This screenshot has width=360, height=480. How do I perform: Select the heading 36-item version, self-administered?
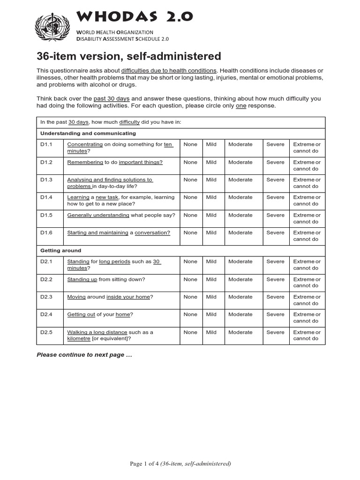coord(129,56)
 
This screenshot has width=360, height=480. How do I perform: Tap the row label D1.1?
coord(46,144)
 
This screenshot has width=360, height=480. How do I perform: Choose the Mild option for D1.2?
coord(211,162)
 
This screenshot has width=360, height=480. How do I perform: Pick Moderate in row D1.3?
coord(240,180)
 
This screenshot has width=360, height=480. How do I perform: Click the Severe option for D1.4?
coord(275,197)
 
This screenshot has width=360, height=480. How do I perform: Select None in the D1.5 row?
coord(190,215)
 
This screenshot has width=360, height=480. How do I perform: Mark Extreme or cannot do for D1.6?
coord(307,236)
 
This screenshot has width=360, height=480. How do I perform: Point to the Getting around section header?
coord(60,251)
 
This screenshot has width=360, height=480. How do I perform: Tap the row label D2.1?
coord(46,262)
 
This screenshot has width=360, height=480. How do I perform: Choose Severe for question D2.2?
coord(275,279)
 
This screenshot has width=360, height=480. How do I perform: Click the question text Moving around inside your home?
coord(110,297)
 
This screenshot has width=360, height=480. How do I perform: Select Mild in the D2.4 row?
coord(211,315)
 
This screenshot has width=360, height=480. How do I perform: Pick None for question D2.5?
coord(190,332)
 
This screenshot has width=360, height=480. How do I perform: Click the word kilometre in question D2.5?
coord(79,339)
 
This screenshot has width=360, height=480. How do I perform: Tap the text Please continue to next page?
coord(84,355)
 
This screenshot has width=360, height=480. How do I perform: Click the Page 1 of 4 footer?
coord(180,464)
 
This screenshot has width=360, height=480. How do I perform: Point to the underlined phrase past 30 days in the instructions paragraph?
coord(112,99)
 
